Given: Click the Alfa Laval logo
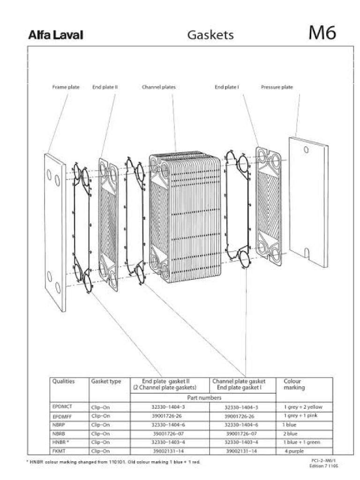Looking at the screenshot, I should [56, 35].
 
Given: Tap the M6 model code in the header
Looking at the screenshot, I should [322, 33].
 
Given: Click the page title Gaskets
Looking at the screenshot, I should [210, 35].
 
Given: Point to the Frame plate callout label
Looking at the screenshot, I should [66, 87].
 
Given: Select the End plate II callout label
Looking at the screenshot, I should [105, 87].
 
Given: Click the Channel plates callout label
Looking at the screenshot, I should [158, 87].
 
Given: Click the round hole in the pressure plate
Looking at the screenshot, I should [306, 150].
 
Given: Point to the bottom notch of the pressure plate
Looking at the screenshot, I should [307, 253].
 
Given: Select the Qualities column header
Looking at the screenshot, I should [63, 382].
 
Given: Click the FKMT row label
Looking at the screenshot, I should [59, 451].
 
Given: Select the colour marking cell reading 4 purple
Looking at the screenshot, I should [295, 451].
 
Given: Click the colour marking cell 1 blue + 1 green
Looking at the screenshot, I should [301, 442].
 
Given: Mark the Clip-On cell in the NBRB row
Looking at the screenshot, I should [101, 434].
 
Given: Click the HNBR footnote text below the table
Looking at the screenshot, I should [113, 462].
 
